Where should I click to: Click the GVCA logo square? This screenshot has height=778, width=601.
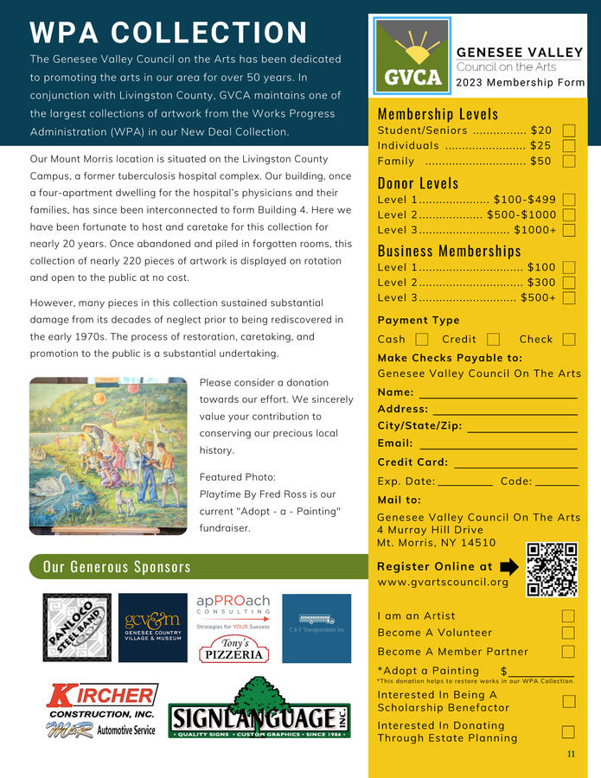tap(412, 56)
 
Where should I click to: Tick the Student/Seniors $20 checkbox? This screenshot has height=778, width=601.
tap(568, 131)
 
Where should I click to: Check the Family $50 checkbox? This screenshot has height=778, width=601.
tap(568, 161)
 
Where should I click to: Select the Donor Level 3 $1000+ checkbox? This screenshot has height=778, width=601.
tap(568, 230)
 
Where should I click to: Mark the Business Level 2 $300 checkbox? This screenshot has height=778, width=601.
tap(568, 283)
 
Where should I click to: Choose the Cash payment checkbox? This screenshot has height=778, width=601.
tap(422, 340)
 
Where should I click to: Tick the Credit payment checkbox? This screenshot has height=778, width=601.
tap(493, 340)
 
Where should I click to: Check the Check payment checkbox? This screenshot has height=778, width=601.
tap(568, 340)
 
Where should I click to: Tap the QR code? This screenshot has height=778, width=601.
tap(552, 569)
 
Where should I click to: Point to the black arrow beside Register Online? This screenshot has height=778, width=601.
tap(509, 567)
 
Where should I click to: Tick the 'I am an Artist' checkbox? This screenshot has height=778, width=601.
tap(568, 616)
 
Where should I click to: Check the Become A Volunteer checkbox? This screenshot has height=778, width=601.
tap(568, 633)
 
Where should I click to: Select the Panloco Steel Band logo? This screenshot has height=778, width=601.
tap(77, 628)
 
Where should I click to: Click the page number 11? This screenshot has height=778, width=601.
tap(571, 755)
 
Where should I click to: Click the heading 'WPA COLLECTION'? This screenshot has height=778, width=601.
tap(169, 33)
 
